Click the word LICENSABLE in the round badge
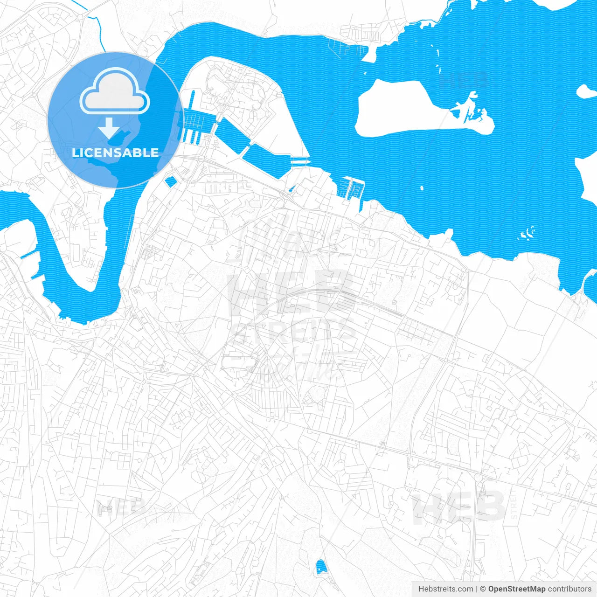click(x=115, y=153)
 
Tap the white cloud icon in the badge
click(x=115, y=93)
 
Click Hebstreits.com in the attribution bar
click(x=445, y=589)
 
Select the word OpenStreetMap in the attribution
click(x=517, y=589)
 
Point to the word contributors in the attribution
click(x=569, y=589)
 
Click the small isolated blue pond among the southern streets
click(x=320, y=568)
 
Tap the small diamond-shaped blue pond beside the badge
click(x=171, y=182)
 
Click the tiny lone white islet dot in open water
click(x=422, y=189)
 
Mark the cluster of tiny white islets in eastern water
click(x=528, y=233)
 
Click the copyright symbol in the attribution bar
click(x=483, y=589)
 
